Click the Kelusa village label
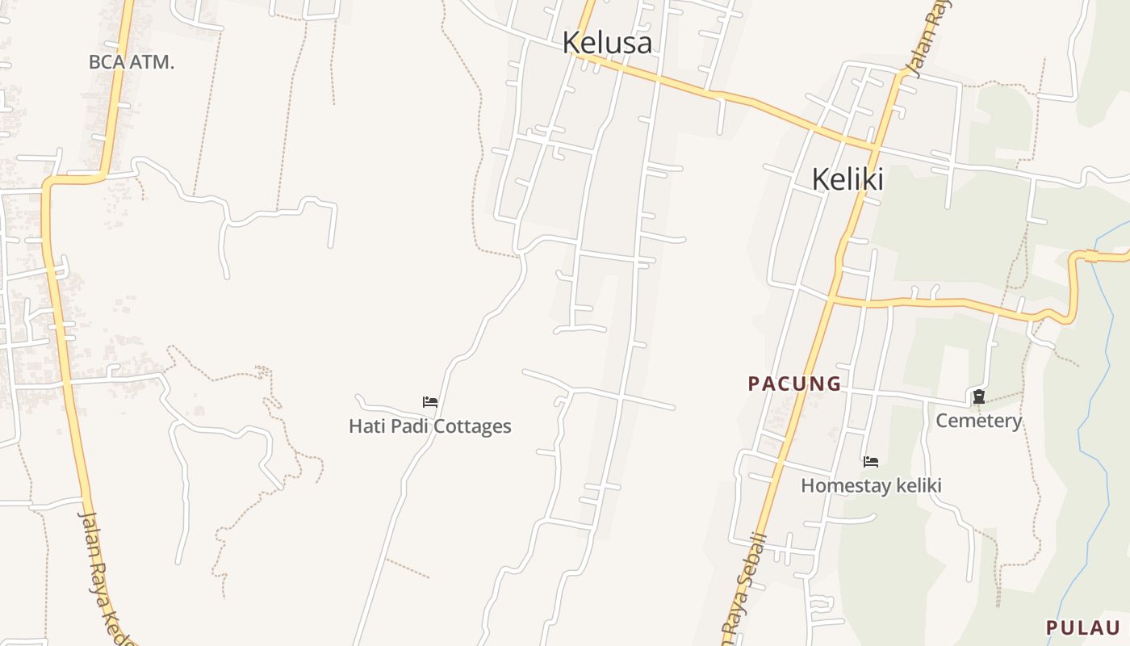point(607,42)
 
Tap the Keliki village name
point(847,178)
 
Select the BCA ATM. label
point(132,62)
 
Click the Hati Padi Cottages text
point(429,426)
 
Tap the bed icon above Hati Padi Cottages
point(430,401)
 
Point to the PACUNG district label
point(794,384)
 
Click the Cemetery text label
point(978,421)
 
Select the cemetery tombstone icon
point(978,396)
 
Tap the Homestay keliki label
point(871,485)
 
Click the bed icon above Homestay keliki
point(871,462)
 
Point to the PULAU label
point(1082,627)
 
